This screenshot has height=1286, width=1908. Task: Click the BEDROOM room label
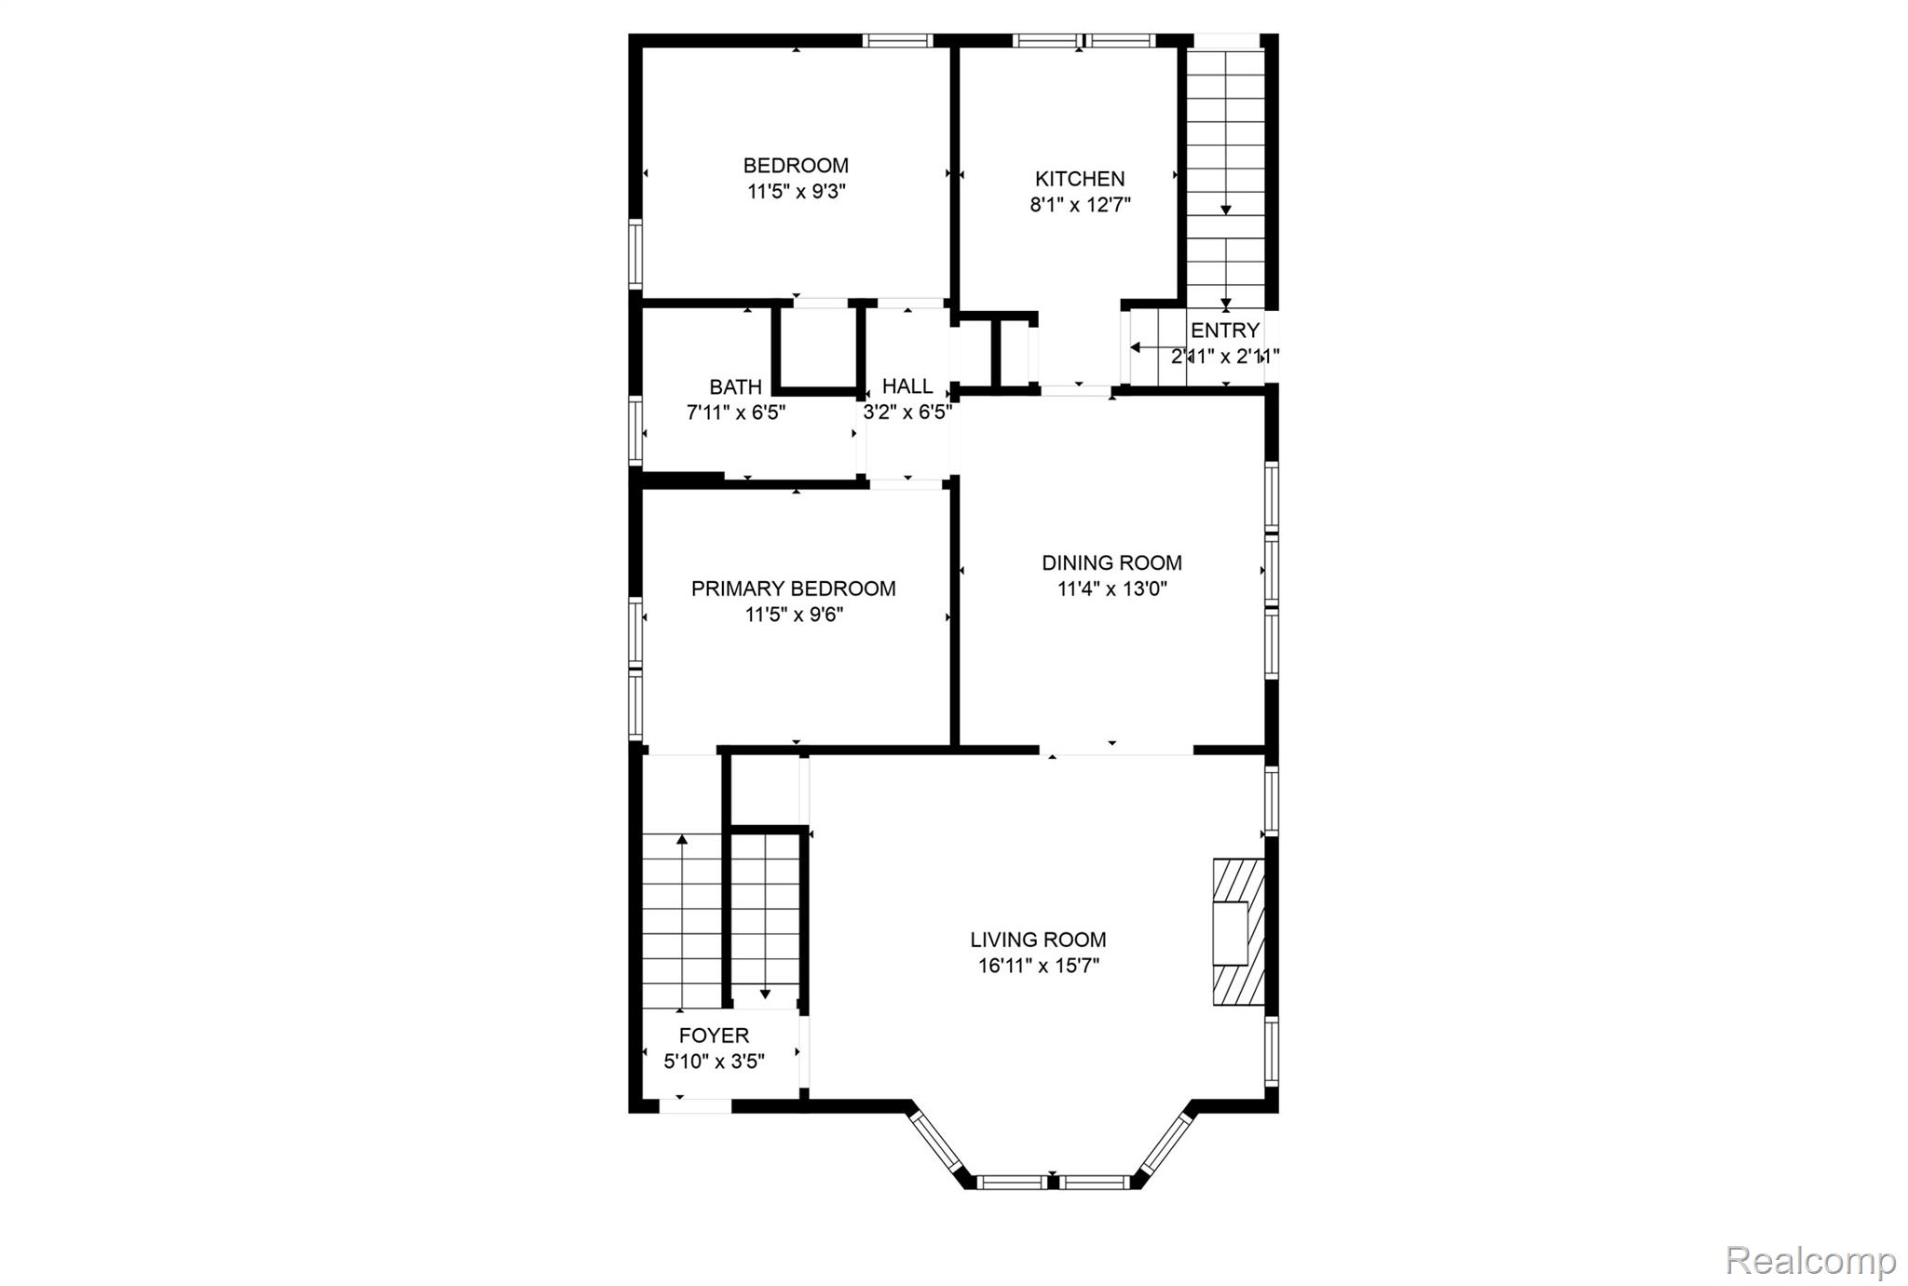pos(796,166)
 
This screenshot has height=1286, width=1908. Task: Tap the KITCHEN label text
pos(1080,179)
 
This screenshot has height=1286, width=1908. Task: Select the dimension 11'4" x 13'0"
pos(1112,589)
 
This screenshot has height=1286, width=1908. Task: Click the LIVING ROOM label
pos(1038,941)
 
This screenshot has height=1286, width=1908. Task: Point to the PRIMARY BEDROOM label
pos(794,589)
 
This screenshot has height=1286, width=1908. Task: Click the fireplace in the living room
pos(1238,932)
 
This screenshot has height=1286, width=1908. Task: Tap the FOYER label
pos(714,1036)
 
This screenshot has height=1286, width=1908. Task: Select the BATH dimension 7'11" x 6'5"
pos(736,413)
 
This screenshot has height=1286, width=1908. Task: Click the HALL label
pos(907,386)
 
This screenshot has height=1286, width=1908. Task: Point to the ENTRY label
pos(1225,331)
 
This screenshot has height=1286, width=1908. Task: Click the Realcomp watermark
pos(1811,1261)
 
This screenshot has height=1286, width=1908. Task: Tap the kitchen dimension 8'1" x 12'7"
pos(1080,205)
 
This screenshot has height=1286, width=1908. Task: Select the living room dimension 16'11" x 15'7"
pos(1038,967)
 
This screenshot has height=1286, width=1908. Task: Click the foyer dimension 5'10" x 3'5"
pos(714,1062)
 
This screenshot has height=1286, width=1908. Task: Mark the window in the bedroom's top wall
pos(897,40)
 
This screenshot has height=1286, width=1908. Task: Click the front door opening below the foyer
pos(695,1106)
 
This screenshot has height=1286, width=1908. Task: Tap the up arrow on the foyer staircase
pos(682,922)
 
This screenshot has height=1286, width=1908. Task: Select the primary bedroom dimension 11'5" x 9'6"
pos(794,615)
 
